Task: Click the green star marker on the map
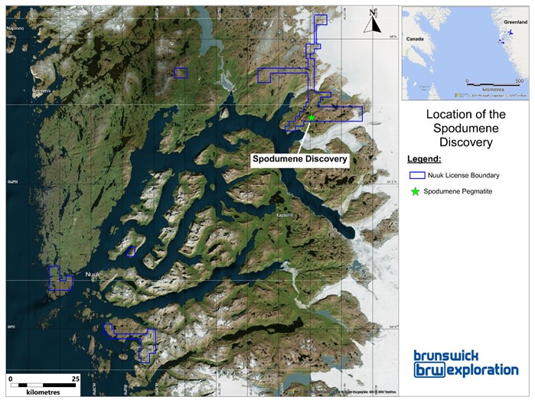click(312, 118)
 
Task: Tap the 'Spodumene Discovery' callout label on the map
click(301, 159)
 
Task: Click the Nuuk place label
click(93, 273)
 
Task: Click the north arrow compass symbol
click(373, 21)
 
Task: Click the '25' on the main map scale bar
click(74, 379)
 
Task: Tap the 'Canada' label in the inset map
click(416, 37)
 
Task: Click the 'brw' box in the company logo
click(429, 370)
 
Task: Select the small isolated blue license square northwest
click(181, 73)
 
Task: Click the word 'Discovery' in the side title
click(465, 141)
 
